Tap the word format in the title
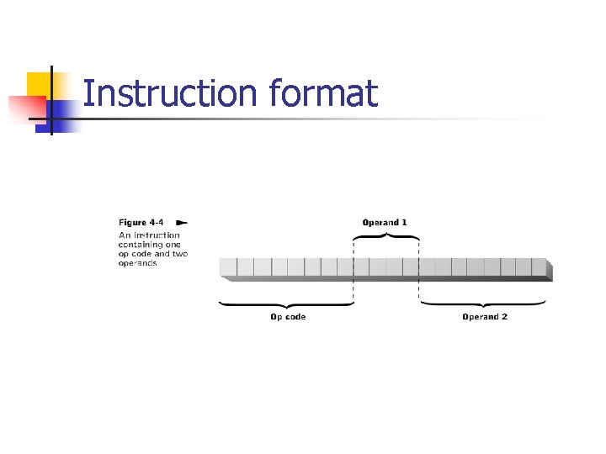pyautogui.click(x=324, y=93)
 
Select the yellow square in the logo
pyautogui.click(x=40, y=85)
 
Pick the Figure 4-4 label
pyautogui.click(x=136, y=222)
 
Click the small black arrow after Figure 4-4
pyautogui.click(x=181, y=222)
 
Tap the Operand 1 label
pyautogui.click(x=385, y=222)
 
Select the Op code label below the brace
pyautogui.click(x=288, y=317)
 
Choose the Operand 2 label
pyautogui.click(x=485, y=317)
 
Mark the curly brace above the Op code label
pyautogui.click(x=286, y=304)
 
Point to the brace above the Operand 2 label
pyautogui.click(x=485, y=304)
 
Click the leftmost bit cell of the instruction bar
pyautogui.click(x=228, y=267)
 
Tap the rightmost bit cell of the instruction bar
pyautogui.click(x=538, y=267)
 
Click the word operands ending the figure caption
pyautogui.click(x=137, y=263)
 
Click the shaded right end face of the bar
pyautogui.click(x=550, y=269)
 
